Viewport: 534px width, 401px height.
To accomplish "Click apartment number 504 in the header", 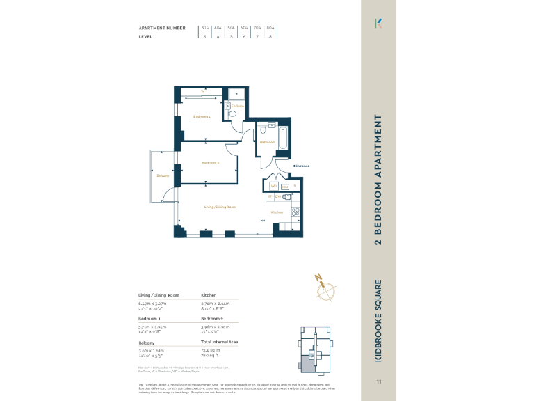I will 231,28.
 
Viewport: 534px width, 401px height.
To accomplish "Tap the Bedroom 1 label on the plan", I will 202,116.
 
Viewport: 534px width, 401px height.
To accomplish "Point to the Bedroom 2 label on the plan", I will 211,163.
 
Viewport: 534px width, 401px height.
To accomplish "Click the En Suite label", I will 238,106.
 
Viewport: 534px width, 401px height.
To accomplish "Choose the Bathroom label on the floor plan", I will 268,142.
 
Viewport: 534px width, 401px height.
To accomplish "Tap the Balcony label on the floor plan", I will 163,175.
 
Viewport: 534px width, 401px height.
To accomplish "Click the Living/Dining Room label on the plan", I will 220,207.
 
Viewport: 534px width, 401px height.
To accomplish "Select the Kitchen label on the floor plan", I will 277,212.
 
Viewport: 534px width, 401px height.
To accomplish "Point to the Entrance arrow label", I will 301,166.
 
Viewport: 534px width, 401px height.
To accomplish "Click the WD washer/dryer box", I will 274,186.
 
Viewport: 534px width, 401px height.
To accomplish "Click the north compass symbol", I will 323,288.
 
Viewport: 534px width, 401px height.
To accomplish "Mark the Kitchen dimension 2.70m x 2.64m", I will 215,304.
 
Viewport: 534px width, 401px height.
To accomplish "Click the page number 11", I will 379,382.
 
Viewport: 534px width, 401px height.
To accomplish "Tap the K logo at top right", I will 379,23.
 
